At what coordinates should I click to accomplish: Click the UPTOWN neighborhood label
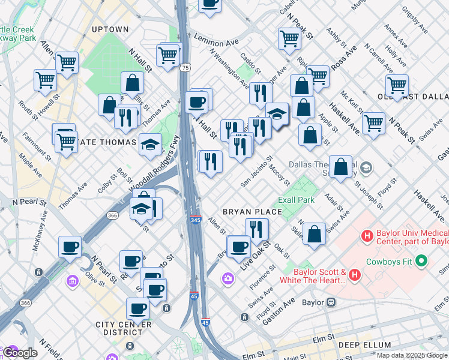point(110,29)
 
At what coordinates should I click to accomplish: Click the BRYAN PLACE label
point(252,212)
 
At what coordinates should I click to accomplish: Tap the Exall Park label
point(297,199)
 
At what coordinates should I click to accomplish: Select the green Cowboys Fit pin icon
point(421,261)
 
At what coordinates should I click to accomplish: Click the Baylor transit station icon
point(330,302)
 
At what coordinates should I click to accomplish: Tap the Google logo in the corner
point(20,353)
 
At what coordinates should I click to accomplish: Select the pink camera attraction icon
point(228,278)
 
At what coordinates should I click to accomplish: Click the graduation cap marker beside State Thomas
point(151,144)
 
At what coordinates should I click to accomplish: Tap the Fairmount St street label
point(21,145)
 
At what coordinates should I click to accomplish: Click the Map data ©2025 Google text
point(412,355)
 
